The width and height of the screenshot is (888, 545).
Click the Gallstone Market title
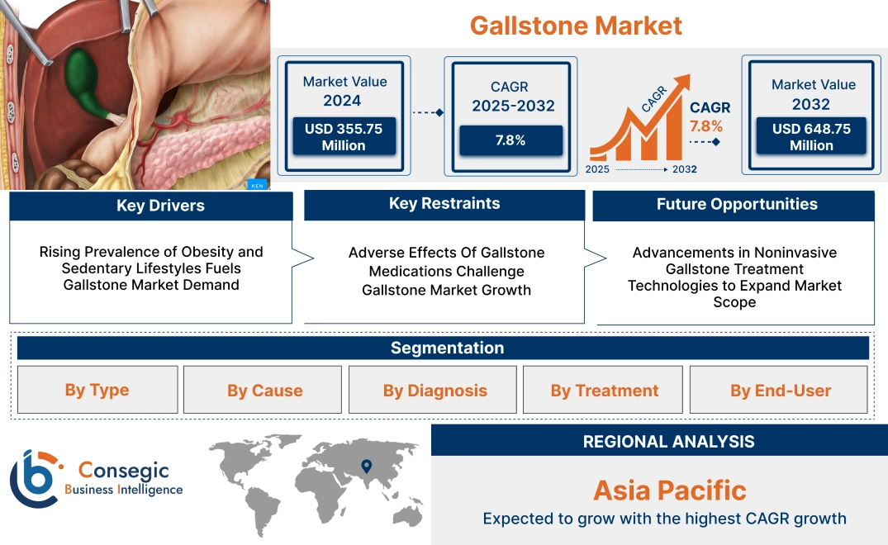[576, 25]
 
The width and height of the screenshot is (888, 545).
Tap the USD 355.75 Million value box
[343, 137]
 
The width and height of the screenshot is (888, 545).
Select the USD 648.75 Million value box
[811, 137]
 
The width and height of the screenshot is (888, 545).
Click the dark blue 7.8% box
[510, 140]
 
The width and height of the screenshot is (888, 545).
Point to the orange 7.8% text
[705, 126]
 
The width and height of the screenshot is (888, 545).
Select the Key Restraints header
[444, 204]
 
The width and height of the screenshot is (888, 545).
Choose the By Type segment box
[97, 390]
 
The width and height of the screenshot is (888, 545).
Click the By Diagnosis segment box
[435, 390]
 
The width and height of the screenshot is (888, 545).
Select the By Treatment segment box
[605, 390]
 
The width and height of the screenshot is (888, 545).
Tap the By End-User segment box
[780, 390]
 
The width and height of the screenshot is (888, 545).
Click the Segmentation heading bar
[447, 348]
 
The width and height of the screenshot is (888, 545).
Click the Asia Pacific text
[669, 490]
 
